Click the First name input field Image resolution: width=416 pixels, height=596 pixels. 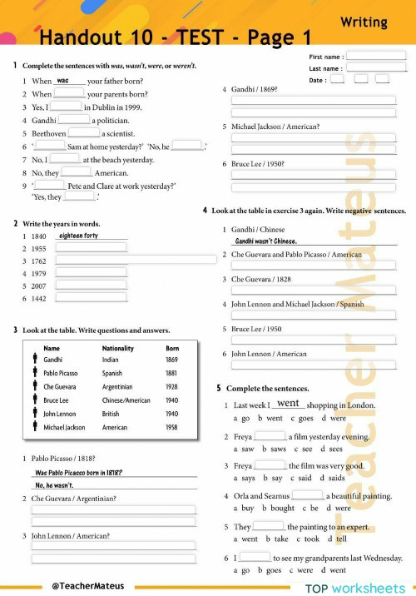tap(375, 57)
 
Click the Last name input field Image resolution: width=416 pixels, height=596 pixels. tap(375, 68)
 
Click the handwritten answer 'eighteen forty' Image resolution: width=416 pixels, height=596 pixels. tap(79, 236)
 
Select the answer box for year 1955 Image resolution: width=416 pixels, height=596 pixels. tap(92, 248)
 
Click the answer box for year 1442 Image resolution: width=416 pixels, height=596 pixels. tap(92, 297)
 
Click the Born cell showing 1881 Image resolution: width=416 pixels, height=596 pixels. tap(172, 374)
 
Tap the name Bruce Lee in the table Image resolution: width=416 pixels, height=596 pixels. tap(56, 400)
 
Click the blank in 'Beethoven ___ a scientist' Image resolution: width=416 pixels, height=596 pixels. tap(84, 132)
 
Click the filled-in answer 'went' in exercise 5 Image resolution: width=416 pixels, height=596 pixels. tap(288, 404)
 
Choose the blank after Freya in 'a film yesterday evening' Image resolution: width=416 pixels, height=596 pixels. tap(270, 435)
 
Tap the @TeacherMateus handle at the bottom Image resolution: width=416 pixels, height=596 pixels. tap(82, 586)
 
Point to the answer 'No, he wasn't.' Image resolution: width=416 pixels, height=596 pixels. tap(54, 485)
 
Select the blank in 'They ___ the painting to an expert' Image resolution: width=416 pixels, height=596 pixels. tap(268, 526)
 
